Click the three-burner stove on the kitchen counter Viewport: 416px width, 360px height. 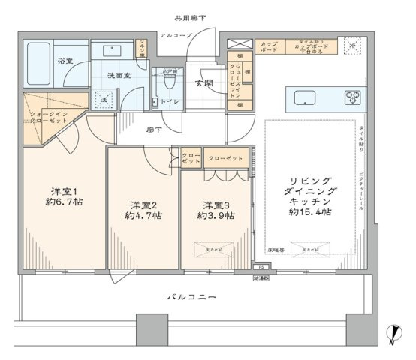[353, 97]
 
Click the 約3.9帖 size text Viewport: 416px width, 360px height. [216, 216]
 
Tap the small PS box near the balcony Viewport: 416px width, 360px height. [261, 265]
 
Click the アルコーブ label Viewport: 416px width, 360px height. [175, 36]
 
